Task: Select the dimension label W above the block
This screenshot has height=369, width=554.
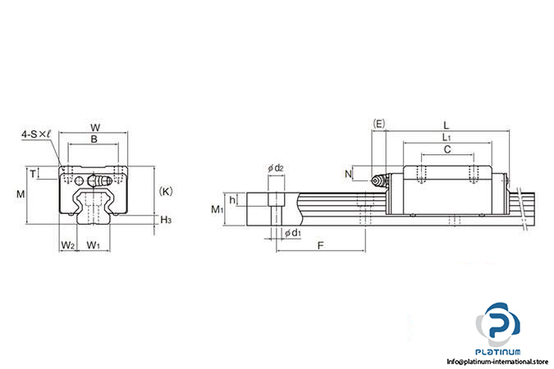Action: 94,127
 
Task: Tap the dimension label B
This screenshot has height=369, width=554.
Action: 94,140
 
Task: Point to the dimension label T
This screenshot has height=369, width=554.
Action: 33,173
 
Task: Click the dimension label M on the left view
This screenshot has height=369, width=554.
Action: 21,194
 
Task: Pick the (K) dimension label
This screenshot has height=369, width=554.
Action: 165,191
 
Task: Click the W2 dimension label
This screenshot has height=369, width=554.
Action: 68,245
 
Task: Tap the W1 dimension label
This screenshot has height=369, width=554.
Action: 94,245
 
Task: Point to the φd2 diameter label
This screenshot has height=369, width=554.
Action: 276,169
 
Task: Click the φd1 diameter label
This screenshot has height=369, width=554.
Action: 291,234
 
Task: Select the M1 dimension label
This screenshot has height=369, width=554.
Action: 217,210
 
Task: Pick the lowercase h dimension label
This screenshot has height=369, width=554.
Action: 233,199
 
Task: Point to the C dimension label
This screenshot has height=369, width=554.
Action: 446,150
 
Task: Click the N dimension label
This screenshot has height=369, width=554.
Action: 349,174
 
